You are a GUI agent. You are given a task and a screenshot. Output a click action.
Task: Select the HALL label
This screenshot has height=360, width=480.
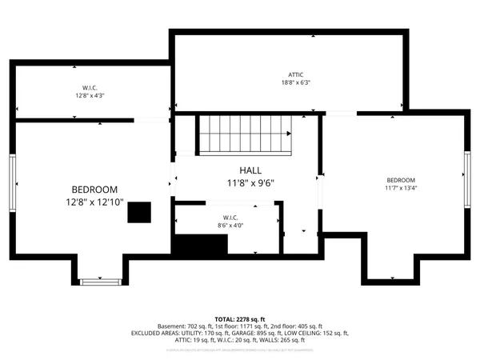[250, 170]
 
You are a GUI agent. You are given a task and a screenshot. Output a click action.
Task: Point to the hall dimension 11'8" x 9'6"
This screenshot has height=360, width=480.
[250, 183]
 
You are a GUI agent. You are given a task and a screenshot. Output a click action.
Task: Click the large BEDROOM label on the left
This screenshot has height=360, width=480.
[94, 189]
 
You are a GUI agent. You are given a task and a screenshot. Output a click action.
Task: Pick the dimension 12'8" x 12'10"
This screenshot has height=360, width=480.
[94, 203]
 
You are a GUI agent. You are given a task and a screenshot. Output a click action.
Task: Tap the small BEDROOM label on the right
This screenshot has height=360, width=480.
[400, 180]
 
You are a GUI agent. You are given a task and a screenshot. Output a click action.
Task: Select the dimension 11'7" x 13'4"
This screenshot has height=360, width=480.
[400, 189]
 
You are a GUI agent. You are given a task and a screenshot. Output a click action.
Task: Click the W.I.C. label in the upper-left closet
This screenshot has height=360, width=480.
[90, 87]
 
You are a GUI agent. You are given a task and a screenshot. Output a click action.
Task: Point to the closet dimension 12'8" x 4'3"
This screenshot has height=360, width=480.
[90, 96]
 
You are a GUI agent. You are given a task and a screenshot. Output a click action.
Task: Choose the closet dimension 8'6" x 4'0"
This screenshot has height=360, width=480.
[230, 226]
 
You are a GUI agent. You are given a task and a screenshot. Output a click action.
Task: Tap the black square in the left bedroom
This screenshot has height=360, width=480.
[139, 212]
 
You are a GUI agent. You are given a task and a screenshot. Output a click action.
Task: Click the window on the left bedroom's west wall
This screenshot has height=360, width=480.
[12, 183]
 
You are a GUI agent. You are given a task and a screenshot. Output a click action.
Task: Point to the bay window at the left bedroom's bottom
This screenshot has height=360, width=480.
[102, 282]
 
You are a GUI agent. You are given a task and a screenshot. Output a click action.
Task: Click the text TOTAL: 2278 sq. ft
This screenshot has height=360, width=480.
[239, 318]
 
